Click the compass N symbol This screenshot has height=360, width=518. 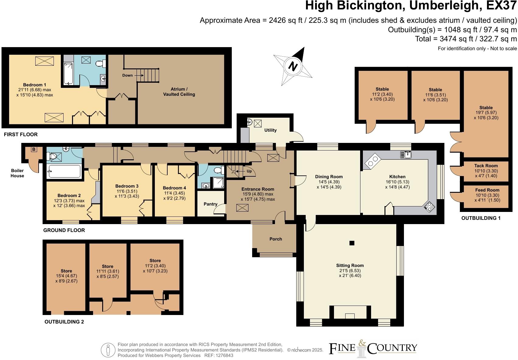293,66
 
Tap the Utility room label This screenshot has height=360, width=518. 270,130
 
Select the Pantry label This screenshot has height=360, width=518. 210,204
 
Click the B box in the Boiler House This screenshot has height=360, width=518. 34,149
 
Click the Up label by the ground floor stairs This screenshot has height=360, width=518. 249,171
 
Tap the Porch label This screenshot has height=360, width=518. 276,239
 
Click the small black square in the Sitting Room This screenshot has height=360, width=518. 352,243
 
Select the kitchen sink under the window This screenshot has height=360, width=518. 406,155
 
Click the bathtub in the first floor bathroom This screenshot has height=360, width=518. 68,73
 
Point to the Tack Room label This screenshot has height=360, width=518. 486,166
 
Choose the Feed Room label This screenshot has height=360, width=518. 487,190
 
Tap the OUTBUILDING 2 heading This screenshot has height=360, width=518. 64,322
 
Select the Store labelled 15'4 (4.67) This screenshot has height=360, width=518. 66,276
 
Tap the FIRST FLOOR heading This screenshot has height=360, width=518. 21,134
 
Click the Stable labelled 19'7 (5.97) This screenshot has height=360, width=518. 486,112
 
